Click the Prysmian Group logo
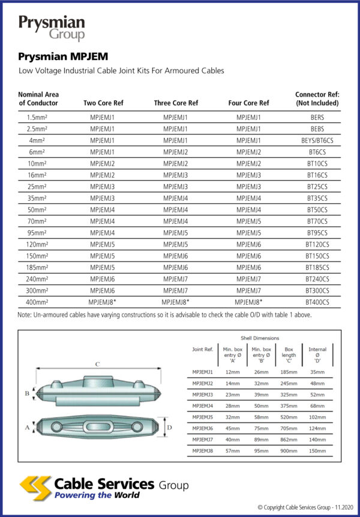pyautogui.click(x=52, y=28)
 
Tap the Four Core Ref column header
pyautogui.click(x=249, y=103)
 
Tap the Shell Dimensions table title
pyautogui.click(x=260, y=338)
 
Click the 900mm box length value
pyautogui.click(x=289, y=450)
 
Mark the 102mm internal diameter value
pyautogui.click(x=317, y=416)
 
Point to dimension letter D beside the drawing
pyautogui.click(x=170, y=428)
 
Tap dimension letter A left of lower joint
pyautogui.click(x=27, y=428)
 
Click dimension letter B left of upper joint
pyautogui.click(x=27, y=393)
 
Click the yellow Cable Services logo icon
pyautogui.click(x=35, y=487)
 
